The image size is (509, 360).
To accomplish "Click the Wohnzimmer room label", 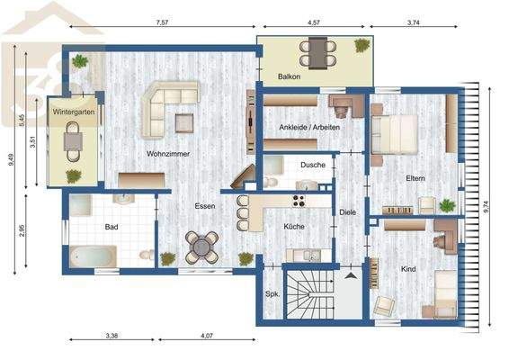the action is pyautogui.click(x=168, y=154).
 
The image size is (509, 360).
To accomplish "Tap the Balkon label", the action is pyautogui.click(x=289, y=76).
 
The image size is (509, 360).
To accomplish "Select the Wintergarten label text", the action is pyautogui.click(x=74, y=112).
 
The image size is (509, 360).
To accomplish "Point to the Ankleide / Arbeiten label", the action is pyautogui.click(x=309, y=128).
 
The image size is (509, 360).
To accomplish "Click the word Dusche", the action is pyautogui.click(x=313, y=165).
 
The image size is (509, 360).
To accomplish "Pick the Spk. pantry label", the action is pyautogui.click(x=272, y=294).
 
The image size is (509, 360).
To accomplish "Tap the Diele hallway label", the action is pyautogui.click(x=348, y=212).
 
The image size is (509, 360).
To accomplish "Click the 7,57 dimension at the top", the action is pyautogui.click(x=162, y=22).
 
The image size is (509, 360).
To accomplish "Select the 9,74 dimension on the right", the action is pyautogui.click(x=486, y=207).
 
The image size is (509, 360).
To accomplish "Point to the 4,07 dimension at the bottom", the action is pyautogui.click(x=207, y=336).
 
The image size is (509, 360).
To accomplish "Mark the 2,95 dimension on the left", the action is pyautogui.click(x=22, y=230).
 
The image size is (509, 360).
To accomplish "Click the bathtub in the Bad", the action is pyautogui.click(x=94, y=256).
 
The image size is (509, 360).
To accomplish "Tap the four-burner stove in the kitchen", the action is pyautogui.click(x=299, y=201).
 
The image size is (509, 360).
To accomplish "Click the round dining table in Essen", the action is pyautogui.click(x=202, y=247).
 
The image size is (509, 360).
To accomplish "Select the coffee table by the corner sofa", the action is pyautogui.click(x=184, y=123).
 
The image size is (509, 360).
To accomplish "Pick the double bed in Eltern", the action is pyautogui.click(x=395, y=134).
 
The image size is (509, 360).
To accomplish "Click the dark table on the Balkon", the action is pyautogui.click(x=317, y=53).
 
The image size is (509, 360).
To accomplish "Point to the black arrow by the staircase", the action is pyautogui.click(x=351, y=276).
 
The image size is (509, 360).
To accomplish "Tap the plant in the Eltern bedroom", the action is pyautogui.click(x=447, y=206).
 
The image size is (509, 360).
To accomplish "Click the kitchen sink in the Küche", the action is pyautogui.click(x=312, y=255).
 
